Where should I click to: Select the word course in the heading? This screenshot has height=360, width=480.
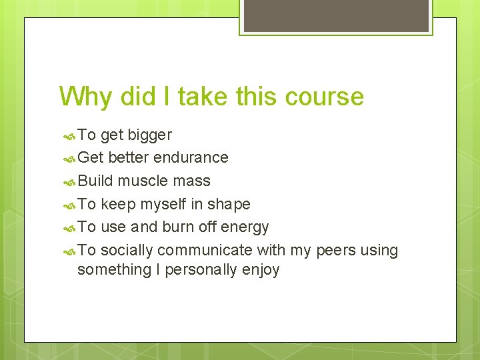[325, 97]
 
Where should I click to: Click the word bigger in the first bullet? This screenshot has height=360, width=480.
[151, 135]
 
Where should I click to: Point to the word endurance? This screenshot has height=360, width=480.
[191, 157]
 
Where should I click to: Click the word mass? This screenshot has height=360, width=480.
[192, 181]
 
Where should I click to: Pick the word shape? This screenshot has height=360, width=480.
[229, 204]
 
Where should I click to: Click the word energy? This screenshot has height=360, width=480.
[245, 227]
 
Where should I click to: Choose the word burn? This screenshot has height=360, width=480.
[178, 227]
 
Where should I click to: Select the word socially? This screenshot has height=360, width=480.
[127, 251]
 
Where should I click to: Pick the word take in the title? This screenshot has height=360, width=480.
[201, 97]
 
